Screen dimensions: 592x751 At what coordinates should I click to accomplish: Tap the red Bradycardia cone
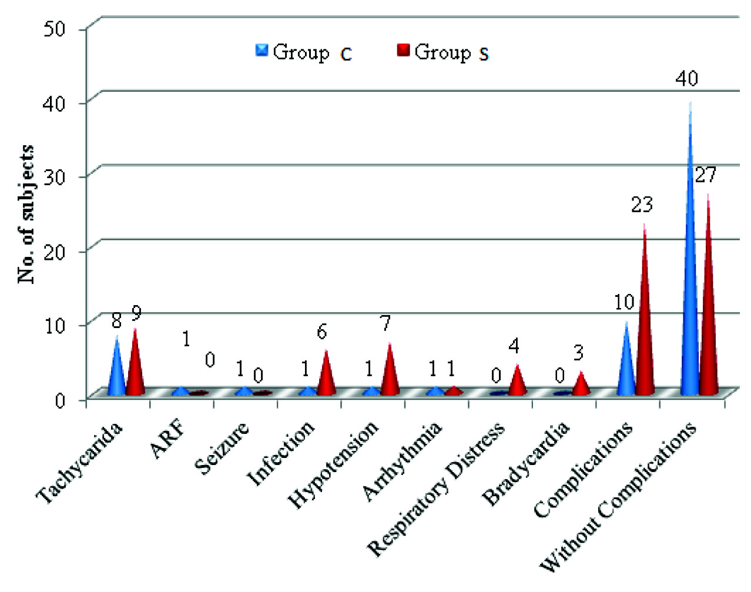(581, 386)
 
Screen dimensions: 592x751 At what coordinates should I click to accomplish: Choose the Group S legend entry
(443, 52)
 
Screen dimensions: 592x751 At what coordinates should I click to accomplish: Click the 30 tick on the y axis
(56, 176)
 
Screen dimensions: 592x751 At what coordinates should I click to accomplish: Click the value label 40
(686, 78)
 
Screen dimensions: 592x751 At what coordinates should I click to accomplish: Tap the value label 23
(642, 205)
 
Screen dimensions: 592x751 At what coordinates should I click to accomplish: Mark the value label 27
(706, 175)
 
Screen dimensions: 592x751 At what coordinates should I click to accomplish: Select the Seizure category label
(222, 449)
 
